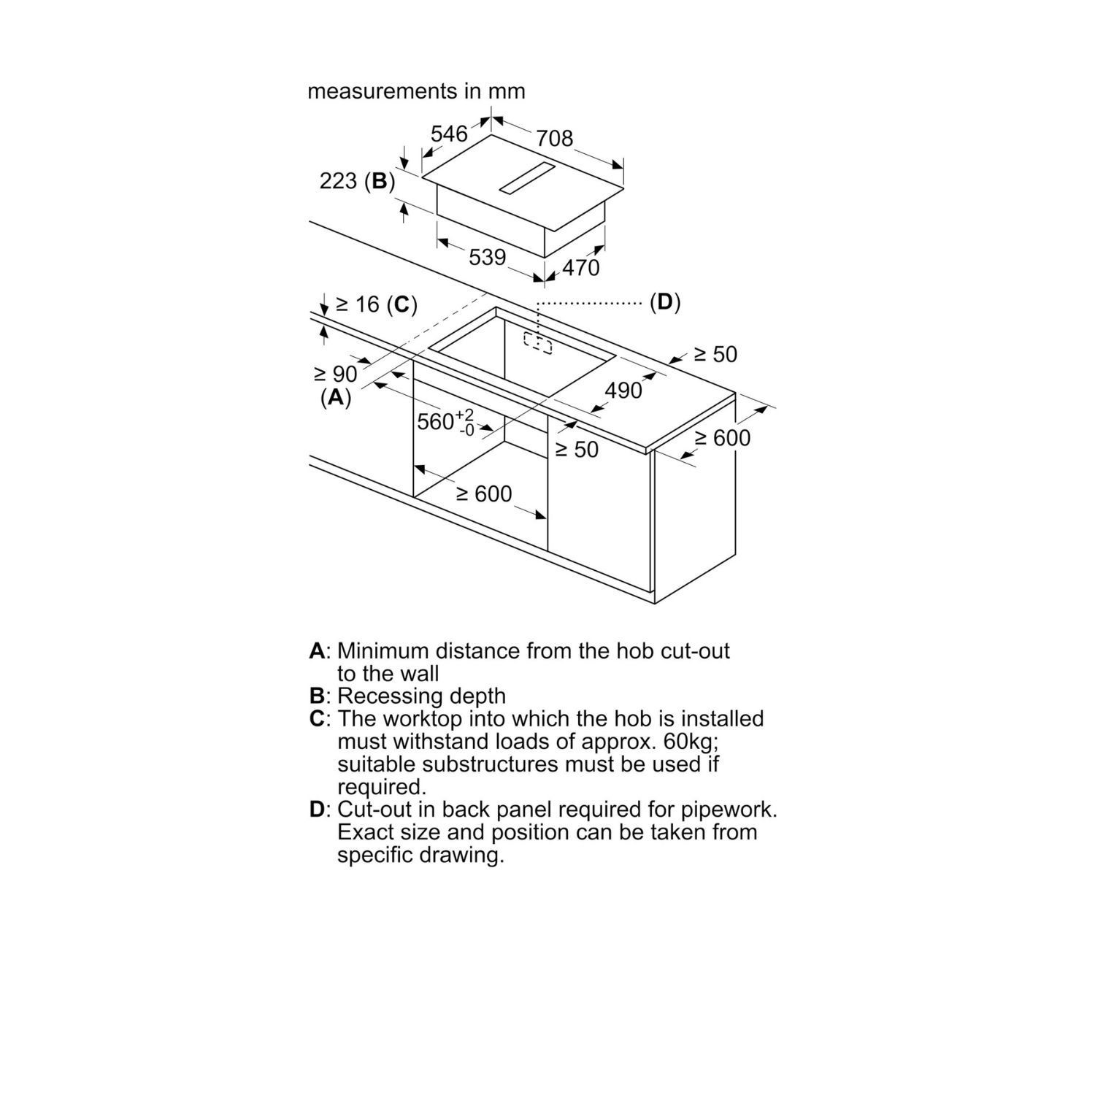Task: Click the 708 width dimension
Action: coord(555,137)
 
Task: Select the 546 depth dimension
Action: coord(449,134)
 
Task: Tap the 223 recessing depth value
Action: coord(338,180)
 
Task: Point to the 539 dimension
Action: coord(488,257)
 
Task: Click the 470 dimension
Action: coord(580,268)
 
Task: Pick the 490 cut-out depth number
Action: coord(623,391)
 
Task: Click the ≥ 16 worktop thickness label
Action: coord(358,304)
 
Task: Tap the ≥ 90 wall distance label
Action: coord(336,374)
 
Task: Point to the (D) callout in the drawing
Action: coord(665,302)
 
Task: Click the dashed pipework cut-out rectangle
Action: coord(538,342)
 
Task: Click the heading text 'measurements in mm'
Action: coord(416,91)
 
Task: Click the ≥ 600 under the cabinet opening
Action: coord(485,494)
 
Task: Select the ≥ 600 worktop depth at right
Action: coord(723,438)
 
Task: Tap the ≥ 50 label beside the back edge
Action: coord(715,354)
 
